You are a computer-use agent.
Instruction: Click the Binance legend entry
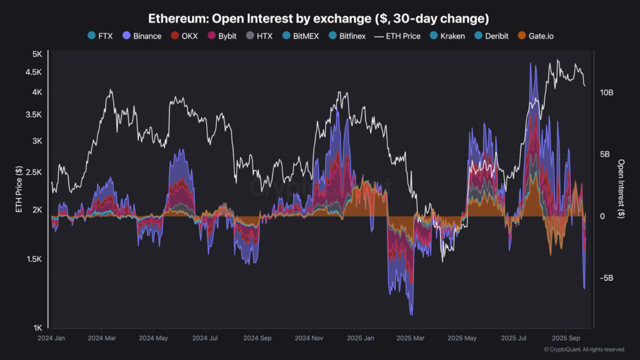pyautogui.click(x=142, y=36)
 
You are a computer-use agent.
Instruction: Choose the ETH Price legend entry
pyautogui.click(x=397, y=36)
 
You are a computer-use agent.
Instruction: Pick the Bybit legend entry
pyautogui.click(x=222, y=36)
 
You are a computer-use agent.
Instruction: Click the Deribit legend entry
pyautogui.click(x=492, y=36)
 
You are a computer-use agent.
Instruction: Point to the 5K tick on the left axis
pyautogui.click(x=37, y=54)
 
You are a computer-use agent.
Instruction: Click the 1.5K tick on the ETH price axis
pyautogui.click(x=34, y=259)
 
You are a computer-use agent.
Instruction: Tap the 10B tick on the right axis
pyautogui.click(x=606, y=92)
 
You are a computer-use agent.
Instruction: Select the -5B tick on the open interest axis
pyautogui.click(x=606, y=278)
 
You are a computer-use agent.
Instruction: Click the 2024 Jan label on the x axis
pyautogui.click(x=51, y=338)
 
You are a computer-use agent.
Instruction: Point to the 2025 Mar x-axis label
pyautogui.click(x=410, y=338)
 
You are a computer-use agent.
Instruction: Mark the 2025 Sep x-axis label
pyautogui.click(x=566, y=338)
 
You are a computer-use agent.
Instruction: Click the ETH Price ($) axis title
pyautogui.click(x=19, y=189)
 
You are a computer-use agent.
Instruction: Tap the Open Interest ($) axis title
pyautogui.click(x=621, y=189)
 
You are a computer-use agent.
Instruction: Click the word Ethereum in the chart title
pyautogui.click(x=177, y=19)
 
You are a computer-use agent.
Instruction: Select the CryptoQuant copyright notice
pyautogui.click(x=584, y=349)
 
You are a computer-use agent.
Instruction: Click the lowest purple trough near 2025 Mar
pyautogui.click(x=411, y=314)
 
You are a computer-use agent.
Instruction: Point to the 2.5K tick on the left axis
pyautogui.click(x=34, y=172)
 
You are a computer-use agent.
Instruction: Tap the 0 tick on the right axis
pyautogui.click(x=602, y=216)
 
